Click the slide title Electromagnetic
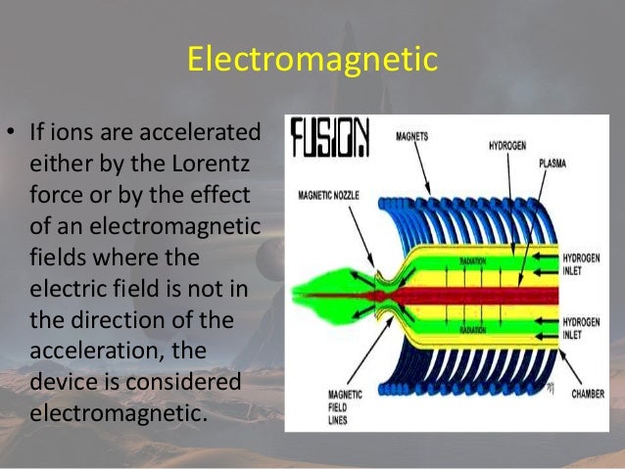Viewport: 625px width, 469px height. [x=312, y=61]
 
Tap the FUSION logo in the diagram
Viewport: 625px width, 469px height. [x=330, y=139]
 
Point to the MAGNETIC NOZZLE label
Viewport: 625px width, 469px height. [x=328, y=196]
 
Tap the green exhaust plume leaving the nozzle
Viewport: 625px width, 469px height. [x=323, y=292]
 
